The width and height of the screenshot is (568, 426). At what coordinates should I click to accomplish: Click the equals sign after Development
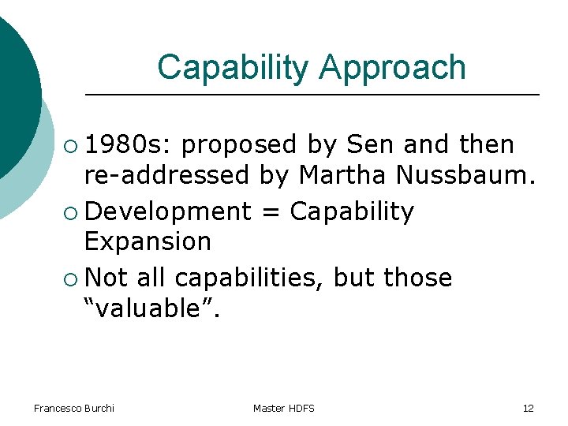click(x=270, y=212)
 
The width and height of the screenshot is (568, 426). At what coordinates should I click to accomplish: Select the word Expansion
click(x=148, y=241)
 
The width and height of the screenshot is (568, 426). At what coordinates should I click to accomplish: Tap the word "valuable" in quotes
click(x=153, y=308)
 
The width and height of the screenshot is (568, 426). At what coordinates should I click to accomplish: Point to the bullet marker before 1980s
click(x=72, y=146)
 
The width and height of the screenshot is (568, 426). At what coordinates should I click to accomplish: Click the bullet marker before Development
click(x=72, y=212)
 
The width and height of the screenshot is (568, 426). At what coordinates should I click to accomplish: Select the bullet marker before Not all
click(x=72, y=278)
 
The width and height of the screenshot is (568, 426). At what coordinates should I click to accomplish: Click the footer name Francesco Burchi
click(x=74, y=408)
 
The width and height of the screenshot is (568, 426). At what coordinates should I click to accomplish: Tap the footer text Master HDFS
click(x=284, y=408)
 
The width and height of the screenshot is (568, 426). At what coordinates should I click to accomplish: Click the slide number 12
click(x=528, y=408)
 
